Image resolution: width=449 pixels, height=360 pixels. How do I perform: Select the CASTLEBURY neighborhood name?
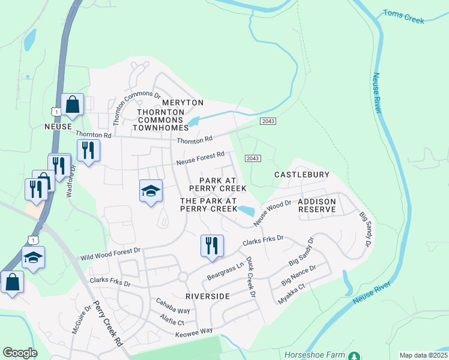(302, 175)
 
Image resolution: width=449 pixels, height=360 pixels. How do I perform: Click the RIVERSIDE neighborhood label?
(207, 296)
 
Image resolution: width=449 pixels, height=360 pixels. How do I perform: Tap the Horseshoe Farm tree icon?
(354, 355)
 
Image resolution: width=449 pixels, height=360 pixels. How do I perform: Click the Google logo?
(20, 353)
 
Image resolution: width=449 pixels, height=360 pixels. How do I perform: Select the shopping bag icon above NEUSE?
(72, 105)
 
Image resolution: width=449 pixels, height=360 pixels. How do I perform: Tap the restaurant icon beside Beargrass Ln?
(212, 245)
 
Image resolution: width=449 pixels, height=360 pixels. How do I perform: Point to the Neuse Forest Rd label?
(200, 159)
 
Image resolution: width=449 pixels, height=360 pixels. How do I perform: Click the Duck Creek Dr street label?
(251, 280)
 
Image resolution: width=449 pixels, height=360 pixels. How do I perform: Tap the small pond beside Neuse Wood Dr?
(246, 210)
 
